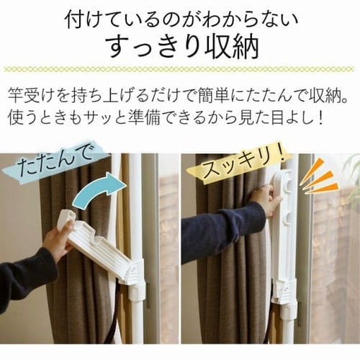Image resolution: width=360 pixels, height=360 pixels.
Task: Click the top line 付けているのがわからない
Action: tap(181, 19)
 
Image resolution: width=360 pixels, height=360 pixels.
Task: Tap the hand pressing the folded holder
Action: tap(266, 197)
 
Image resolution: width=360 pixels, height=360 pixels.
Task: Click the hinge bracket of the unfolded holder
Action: tap(135, 273)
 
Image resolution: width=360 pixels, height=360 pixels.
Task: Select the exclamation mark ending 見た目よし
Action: tap(319, 117)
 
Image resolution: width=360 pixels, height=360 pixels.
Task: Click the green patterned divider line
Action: tap(179, 69)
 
